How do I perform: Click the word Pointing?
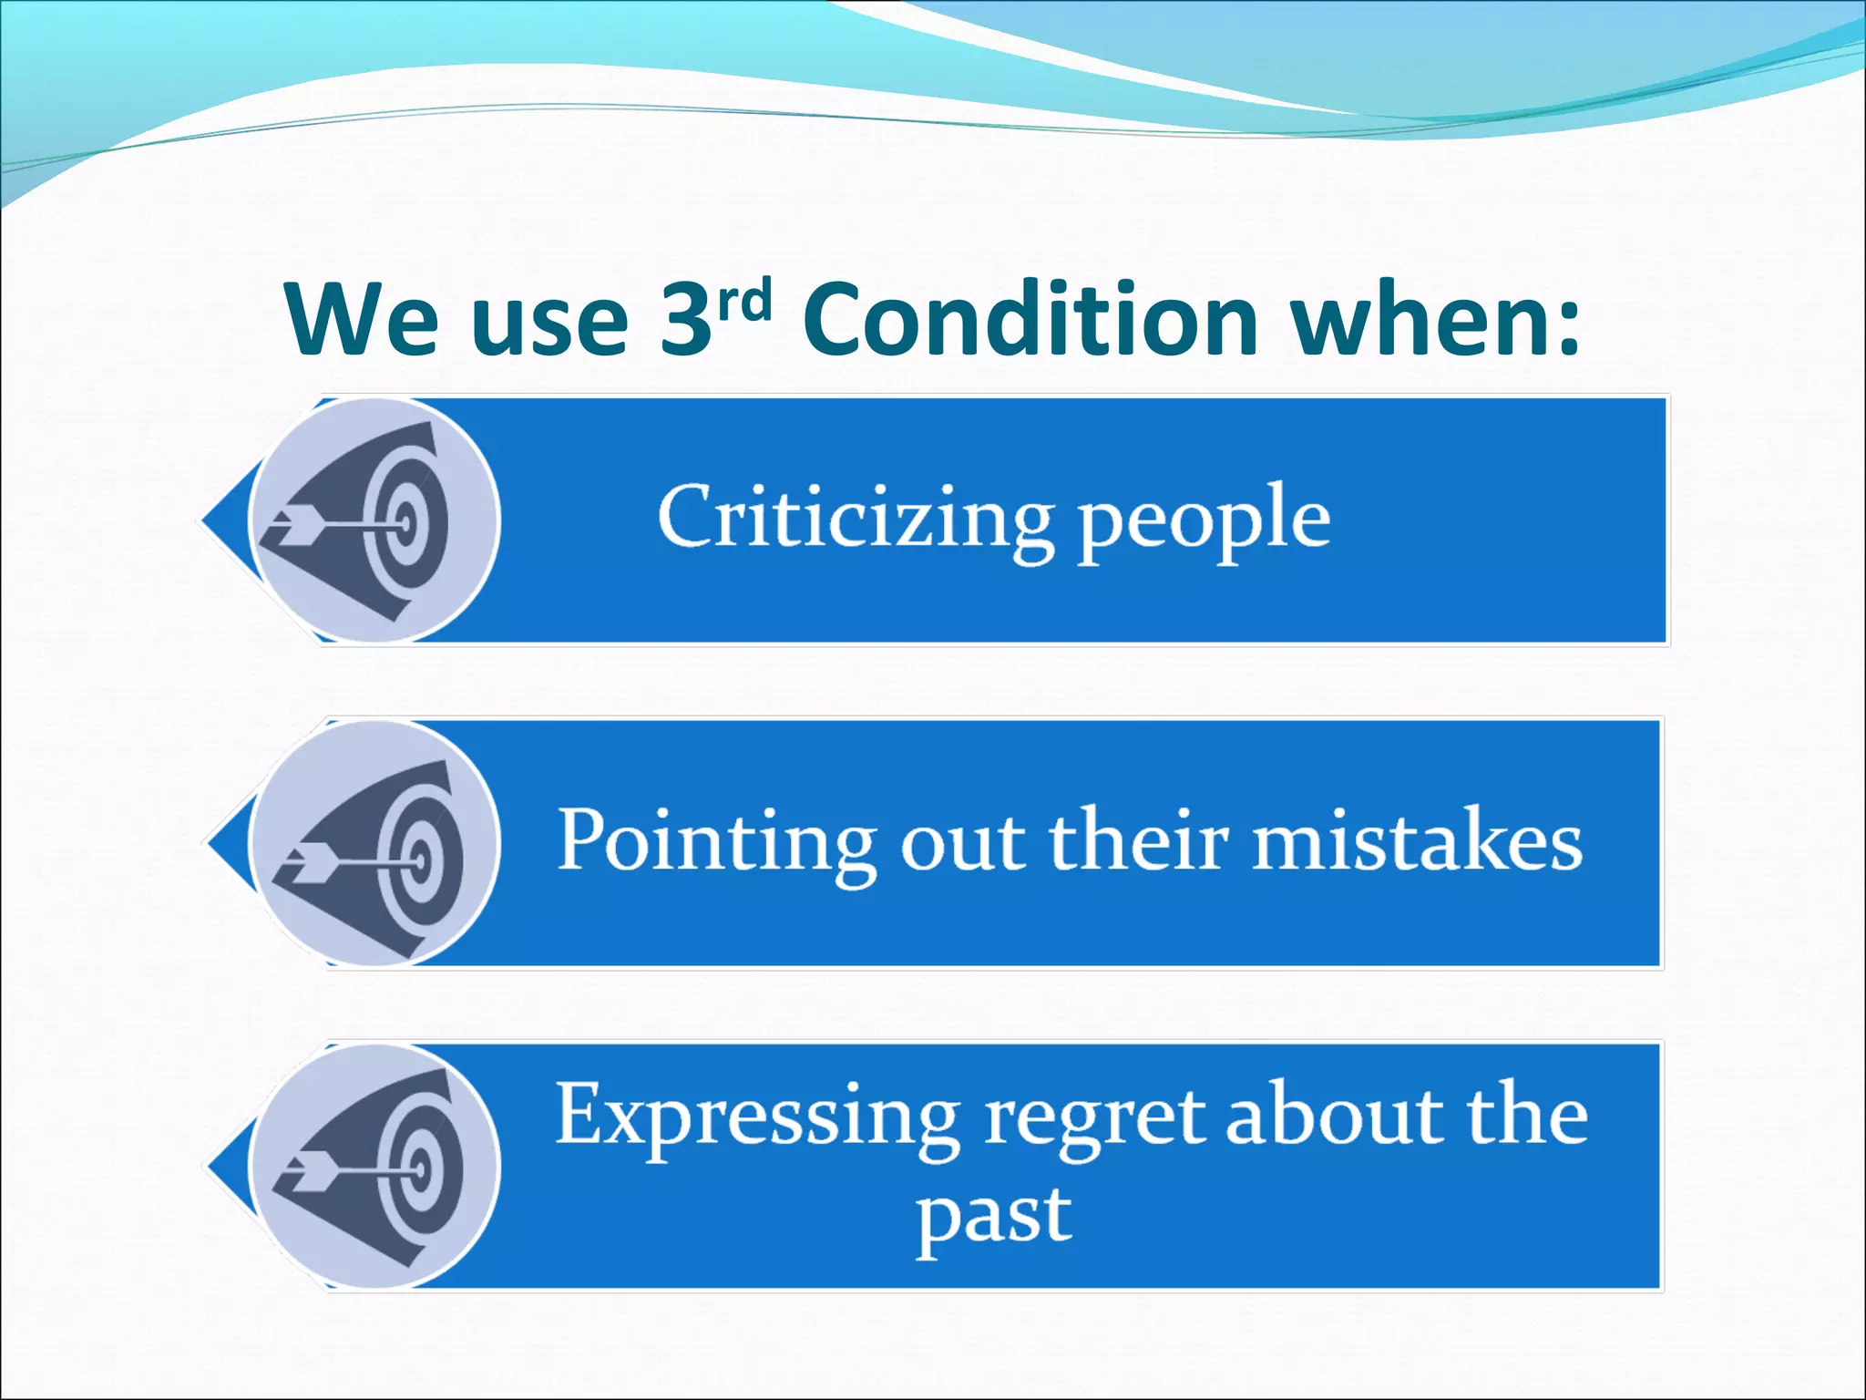tap(716, 841)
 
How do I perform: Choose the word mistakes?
tap(1418, 840)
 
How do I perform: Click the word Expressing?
tap(756, 1116)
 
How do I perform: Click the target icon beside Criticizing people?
tap(374, 520)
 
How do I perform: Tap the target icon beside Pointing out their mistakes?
tap(374, 843)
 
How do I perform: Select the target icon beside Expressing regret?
tap(374, 1167)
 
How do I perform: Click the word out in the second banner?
tap(963, 841)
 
